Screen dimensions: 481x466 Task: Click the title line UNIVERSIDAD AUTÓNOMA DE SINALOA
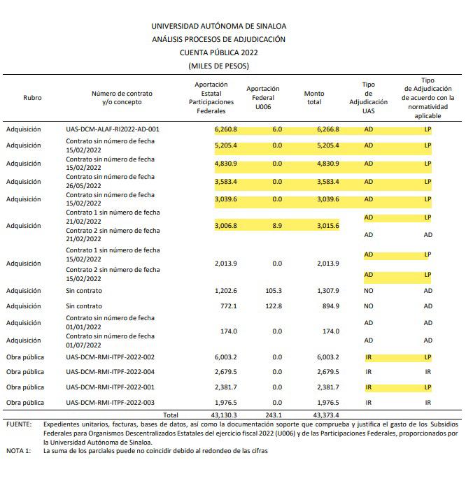click(218, 27)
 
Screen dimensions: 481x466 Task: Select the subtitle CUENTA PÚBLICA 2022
click(218, 52)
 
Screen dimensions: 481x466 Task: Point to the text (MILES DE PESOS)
click(218, 66)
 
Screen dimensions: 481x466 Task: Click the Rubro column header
click(32, 98)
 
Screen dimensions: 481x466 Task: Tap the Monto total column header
click(314, 98)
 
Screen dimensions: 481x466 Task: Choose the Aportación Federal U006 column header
click(262, 98)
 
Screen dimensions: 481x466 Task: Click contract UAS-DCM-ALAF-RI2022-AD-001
click(113, 129)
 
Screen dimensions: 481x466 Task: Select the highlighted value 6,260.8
click(226, 129)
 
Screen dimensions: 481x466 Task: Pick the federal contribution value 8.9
click(276, 226)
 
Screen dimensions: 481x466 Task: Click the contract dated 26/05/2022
click(110, 182)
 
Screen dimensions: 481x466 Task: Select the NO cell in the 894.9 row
click(368, 306)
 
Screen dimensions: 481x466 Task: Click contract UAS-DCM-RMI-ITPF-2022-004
click(110, 371)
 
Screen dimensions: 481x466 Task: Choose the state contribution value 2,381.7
click(226, 387)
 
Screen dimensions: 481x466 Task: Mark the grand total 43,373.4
click(324, 415)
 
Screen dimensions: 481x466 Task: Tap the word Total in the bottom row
click(170, 415)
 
